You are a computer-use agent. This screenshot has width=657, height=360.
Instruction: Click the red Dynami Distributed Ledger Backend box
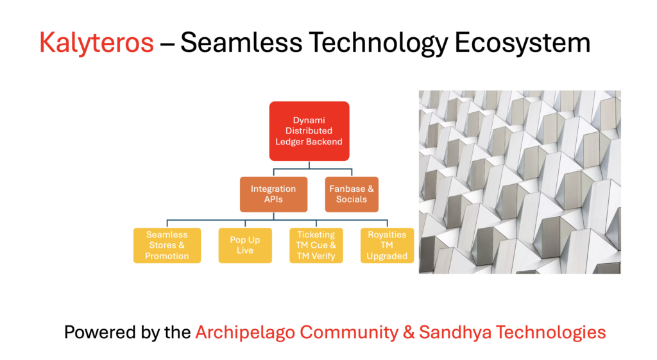pyautogui.click(x=309, y=131)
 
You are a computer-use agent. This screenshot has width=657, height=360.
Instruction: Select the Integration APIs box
pyautogui.click(x=273, y=194)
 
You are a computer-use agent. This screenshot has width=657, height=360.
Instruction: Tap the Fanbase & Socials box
pyautogui.click(x=352, y=194)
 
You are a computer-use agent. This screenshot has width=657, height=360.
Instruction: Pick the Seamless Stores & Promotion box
pyautogui.click(x=167, y=246)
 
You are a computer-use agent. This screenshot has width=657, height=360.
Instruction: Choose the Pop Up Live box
pyautogui.click(x=245, y=246)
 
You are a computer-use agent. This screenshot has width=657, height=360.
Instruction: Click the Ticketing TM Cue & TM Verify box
pyautogui.click(x=316, y=246)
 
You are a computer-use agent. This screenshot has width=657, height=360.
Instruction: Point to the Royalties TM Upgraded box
pyautogui.click(x=387, y=246)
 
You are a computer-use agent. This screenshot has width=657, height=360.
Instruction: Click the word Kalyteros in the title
pyautogui.click(x=96, y=43)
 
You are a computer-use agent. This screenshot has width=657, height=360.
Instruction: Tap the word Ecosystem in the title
pyautogui.click(x=522, y=43)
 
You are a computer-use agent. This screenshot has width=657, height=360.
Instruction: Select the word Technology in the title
pyautogui.click(x=379, y=43)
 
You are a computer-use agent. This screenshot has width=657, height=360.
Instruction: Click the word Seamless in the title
pyautogui.click(x=241, y=43)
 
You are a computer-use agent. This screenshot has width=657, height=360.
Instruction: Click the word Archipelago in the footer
pyautogui.click(x=245, y=333)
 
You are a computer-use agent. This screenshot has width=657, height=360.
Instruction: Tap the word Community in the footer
pyautogui.click(x=349, y=333)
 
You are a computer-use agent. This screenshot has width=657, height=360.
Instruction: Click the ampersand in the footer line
pyautogui.click(x=409, y=333)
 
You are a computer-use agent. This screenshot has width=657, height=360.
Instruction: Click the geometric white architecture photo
pyautogui.click(x=520, y=182)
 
